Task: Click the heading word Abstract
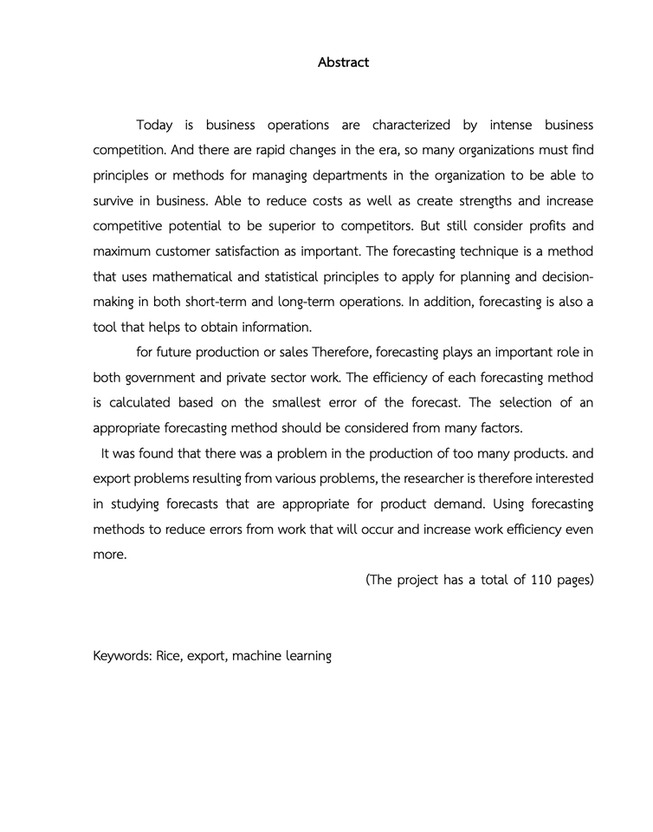[x=343, y=62]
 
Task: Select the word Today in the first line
[x=154, y=126]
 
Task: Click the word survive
[x=115, y=201]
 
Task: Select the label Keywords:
[x=122, y=656]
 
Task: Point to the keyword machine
[x=261, y=656]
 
